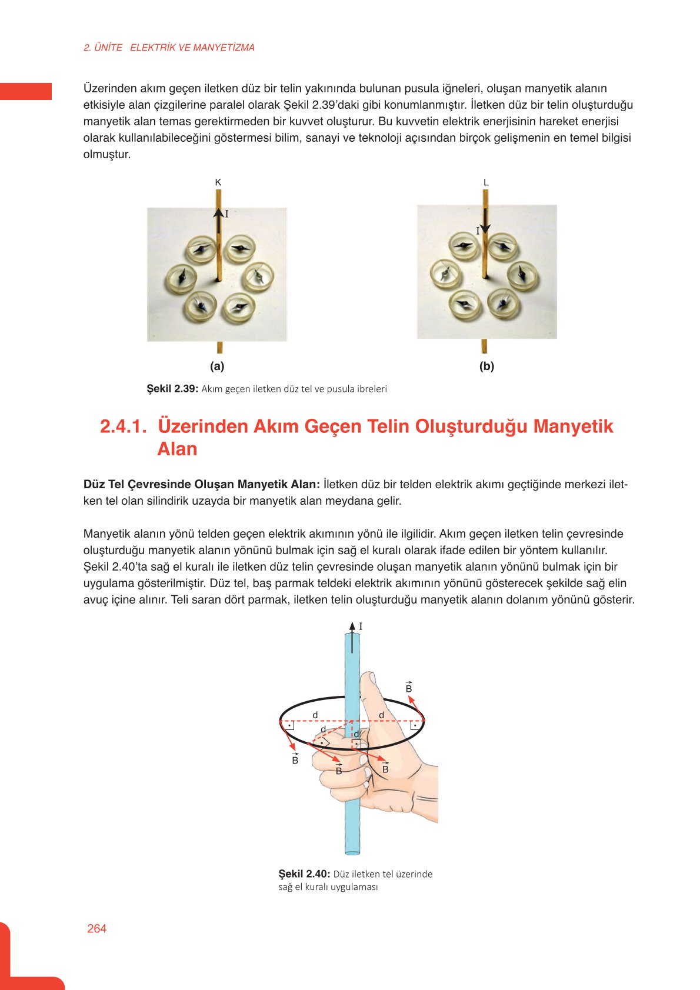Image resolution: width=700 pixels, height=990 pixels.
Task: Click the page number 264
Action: (96, 928)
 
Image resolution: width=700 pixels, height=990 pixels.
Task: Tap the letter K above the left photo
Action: (218, 182)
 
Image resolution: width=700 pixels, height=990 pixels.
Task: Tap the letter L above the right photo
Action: (486, 182)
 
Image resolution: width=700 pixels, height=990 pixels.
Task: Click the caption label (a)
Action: (217, 366)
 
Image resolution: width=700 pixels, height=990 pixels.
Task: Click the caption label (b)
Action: (486, 366)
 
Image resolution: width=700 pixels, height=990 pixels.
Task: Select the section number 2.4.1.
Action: (123, 426)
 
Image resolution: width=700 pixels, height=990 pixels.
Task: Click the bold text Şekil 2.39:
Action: (172, 389)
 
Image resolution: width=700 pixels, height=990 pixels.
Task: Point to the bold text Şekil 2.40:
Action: (304, 874)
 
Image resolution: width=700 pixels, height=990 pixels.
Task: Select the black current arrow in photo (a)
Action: (218, 221)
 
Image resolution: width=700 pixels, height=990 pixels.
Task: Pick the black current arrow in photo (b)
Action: (485, 221)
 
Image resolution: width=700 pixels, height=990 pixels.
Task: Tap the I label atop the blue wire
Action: (361, 627)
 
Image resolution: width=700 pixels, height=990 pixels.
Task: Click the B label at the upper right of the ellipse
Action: (409, 689)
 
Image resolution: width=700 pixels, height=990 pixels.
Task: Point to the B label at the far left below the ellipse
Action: (295, 761)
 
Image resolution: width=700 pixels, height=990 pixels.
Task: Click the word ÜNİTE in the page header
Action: (108, 48)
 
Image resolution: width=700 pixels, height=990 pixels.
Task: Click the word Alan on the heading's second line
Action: (177, 449)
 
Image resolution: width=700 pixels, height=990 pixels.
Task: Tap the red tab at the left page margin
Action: (26, 91)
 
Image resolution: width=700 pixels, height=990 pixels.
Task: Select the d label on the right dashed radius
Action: (382, 715)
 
